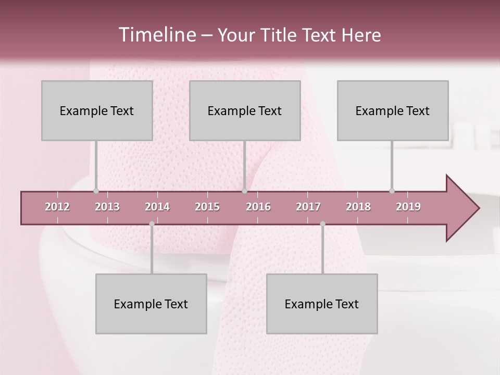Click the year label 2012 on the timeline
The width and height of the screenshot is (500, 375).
[x=57, y=207]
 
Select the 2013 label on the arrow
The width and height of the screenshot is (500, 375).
[x=107, y=207]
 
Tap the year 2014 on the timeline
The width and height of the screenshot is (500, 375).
[x=157, y=207]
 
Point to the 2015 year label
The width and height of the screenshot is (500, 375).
[x=207, y=207]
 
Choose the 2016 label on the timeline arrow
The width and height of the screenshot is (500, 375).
[x=258, y=207]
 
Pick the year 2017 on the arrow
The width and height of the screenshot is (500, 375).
[x=308, y=207]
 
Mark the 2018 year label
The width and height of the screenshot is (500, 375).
[x=358, y=207]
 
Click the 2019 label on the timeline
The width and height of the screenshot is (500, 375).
[x=408, y=207]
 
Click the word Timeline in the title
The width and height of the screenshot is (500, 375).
[x=156, y=35]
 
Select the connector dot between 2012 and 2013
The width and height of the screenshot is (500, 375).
[x=96, y=191]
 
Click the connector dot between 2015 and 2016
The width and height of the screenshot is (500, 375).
[x=244, y=191]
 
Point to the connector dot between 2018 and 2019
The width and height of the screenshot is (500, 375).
[x=392, y=191]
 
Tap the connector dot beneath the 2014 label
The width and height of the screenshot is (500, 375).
[x=152, y=224]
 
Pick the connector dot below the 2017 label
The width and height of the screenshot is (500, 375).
[x=322, y=224]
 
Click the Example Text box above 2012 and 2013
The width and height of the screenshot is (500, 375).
[x=97, y=110]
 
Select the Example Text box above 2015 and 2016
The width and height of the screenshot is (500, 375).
[x=245, y=110]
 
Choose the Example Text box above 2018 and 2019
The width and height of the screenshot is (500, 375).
[x=393, y=110]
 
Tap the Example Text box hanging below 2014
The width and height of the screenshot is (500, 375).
[x=151, y=304]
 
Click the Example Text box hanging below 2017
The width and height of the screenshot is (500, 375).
[x=322, y=304]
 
